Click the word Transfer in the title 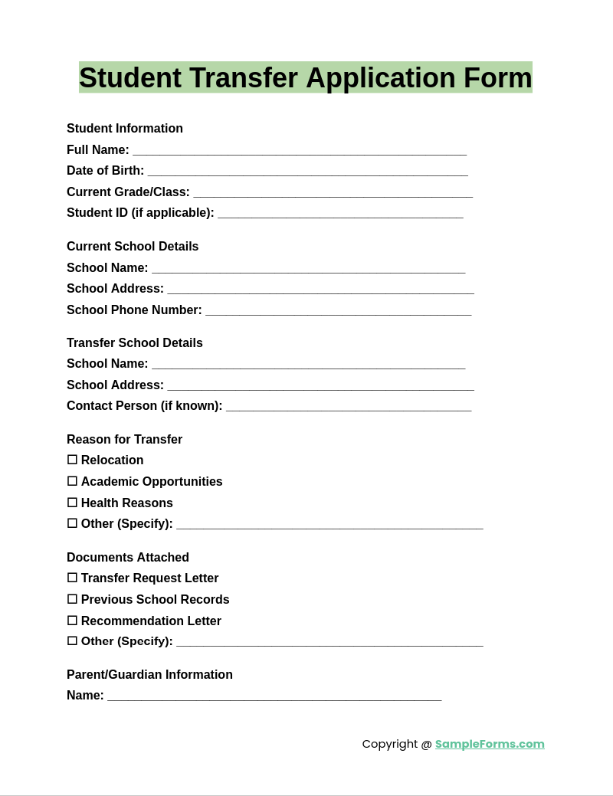click(x=243, y=78)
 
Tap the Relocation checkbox click(x=72, y=460)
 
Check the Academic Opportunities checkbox click(x=72, y=481)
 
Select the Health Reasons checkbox click(x=72, y=503)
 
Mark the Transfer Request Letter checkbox click(x=72, y=578)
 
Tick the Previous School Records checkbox click(x=72, y=599)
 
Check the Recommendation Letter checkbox click(x=72, y=621)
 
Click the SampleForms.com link click(x=490, y=744)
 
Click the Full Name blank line click(x=299, y=151)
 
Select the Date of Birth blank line click(x=307, y=172)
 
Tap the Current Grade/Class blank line click(x=333, y=193)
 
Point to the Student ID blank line click(x=340, y=214)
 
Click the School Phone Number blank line click(x=338, y=311)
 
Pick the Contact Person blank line click(x=349, y=407)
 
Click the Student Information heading click(x=125, y=129)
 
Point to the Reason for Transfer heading click(x=124, y=440)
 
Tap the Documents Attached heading click(x=128, y=558)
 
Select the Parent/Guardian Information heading click(x=149, y=675)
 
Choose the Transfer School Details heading click(x=135, y=343)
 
